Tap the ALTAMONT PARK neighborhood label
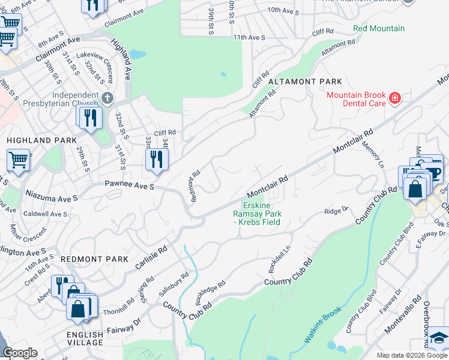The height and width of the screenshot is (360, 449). pyautogui.click(x=305, y=82)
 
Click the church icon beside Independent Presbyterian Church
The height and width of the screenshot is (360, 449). pyautogui.click(x=107, y=97)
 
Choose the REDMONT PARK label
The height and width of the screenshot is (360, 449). pyautogui.click(x=94, y=259)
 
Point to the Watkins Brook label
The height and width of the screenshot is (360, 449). pyautogui.click(x=322, y=325)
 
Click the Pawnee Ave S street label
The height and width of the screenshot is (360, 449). pyautogui.click(x=130, y=185)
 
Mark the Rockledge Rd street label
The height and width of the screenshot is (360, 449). pyautogui.click(x=210, y=291)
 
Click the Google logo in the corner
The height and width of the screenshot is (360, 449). pyautogui.click(x=20, y=353)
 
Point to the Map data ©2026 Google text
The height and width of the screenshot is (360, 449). pyautogui.click(x=411, y=355)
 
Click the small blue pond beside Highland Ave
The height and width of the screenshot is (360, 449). pyautogui.click(x=137, y=55)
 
